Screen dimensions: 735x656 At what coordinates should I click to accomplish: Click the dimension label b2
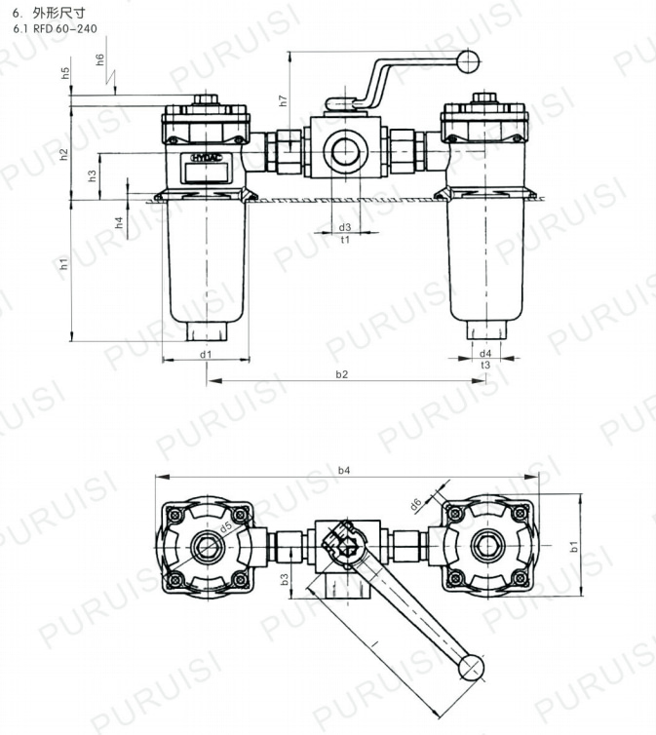(342, 374)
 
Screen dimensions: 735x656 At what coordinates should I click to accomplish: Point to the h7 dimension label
(283, 100)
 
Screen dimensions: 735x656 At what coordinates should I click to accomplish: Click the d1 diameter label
(206, 354)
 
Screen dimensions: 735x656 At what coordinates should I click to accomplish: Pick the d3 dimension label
(345, 227)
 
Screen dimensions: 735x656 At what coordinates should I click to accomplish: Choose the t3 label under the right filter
(484, 365)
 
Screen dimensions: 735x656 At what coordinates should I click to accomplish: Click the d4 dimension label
(484, 353)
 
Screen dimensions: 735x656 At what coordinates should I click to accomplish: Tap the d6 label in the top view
(416, 504)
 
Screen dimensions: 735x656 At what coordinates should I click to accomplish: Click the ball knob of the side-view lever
(468, 64)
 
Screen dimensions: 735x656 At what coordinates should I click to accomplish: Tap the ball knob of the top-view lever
(472, 666)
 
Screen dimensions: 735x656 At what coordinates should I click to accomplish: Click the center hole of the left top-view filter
(207, 544)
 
